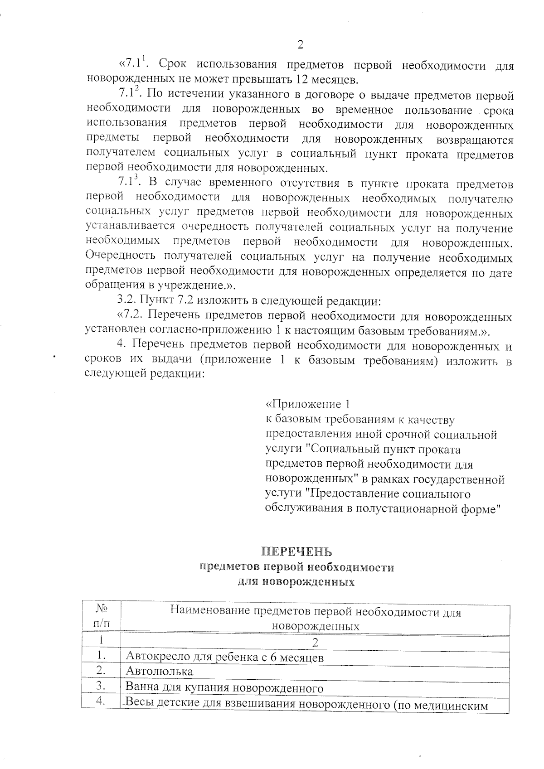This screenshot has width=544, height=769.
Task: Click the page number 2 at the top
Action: pyautogui.click(x=300, y=45)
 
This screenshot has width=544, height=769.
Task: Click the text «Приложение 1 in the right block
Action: pyautogui.click(x=307, y=404)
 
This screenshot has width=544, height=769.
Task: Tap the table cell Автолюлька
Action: pyautogui.click(x=159, y=671)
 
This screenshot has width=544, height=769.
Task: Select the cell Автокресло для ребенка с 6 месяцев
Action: pyautogui.click(x=224, y=657)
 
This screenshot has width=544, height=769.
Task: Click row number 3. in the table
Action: pyautogui.click(x=101, y=686)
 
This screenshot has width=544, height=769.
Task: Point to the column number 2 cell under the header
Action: pyautogui.click(x=316, y=642)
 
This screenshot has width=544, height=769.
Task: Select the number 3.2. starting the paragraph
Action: pyautogui.click(x=126, y=300)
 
